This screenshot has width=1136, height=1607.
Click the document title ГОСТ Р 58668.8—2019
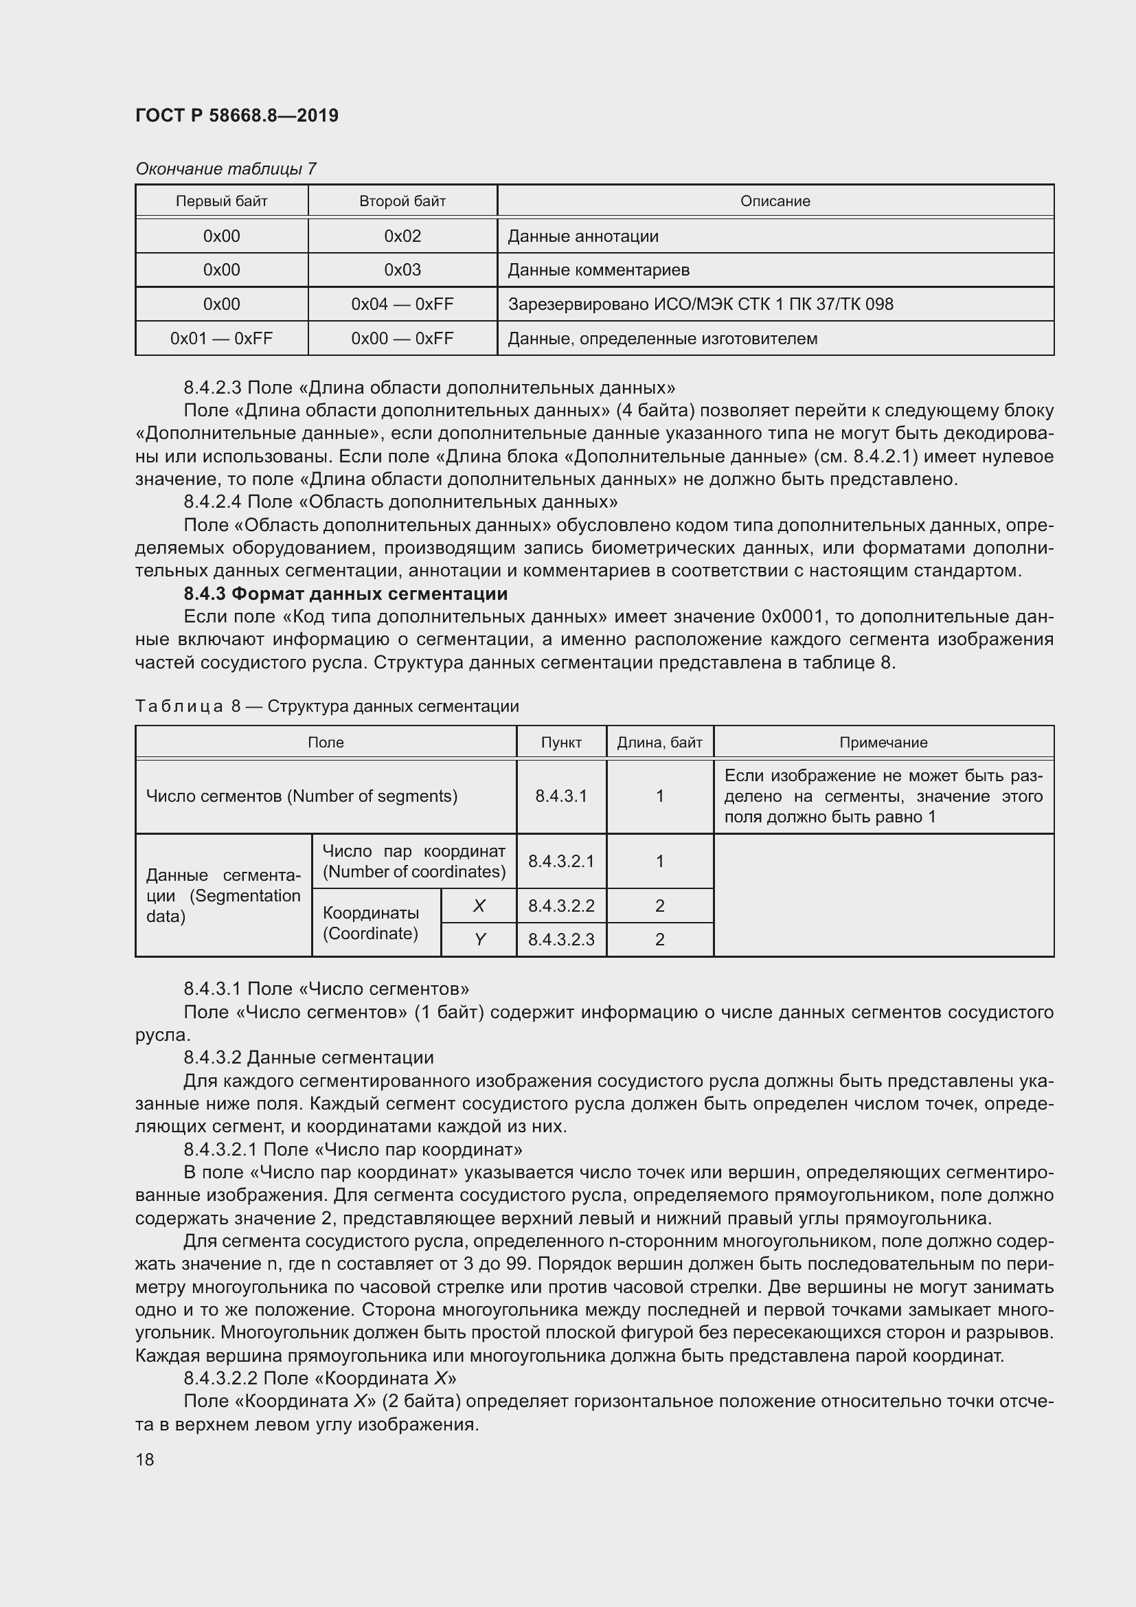[x=236, y=115]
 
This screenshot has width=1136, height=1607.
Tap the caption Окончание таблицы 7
[x=226, y=169]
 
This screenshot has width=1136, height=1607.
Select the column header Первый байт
[x=221, y=201]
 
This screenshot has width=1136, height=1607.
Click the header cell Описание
[x=775, y=201]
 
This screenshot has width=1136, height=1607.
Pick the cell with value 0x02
[x=402, y=236]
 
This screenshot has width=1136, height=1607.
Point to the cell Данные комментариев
[x=599, y=270]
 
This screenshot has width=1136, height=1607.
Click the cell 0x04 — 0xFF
[x=402, y=304]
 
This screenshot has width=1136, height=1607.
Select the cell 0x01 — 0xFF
[x=221, y=339]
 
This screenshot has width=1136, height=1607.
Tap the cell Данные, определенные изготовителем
[x=662, y=339]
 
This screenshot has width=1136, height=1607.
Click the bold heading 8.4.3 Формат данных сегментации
[x=345, y=594]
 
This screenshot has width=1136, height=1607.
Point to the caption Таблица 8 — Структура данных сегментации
[x=327, y=706]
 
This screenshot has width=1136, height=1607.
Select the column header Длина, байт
[x=659, y=743]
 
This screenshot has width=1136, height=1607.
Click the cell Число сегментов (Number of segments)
[x=302, y=796]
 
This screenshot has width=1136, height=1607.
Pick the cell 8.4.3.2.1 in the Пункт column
[x=561, y=862]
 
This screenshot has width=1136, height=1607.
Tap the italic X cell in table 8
[x=479, y=906]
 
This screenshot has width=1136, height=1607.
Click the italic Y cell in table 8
[x=479, y=940]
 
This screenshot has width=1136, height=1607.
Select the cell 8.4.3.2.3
[x=561, y=940]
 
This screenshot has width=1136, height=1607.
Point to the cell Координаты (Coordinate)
[x=371, y=923]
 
